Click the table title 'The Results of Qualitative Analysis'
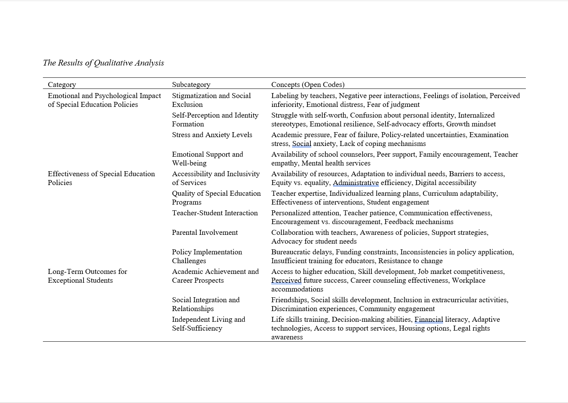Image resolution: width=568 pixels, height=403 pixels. pyautogui.click(x=103, y=63)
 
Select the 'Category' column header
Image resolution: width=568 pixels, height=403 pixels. pyautogui.click(x=62, y=85)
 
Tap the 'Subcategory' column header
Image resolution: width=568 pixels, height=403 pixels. pyautogui.click(x=191, y=85)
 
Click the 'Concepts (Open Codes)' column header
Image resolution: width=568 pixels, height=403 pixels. pyautogui.click(x=308, y=85)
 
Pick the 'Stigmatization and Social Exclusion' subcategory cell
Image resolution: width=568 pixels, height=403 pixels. pyautogui.click(x=211, y=100)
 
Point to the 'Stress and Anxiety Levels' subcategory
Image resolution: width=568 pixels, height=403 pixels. pyautogui.click(x=212, y=135)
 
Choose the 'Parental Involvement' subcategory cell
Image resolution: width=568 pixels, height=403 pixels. pyautogui.click(x=205, y=233)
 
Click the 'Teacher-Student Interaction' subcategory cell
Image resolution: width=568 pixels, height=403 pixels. pyautogui.click(x=215, y=213)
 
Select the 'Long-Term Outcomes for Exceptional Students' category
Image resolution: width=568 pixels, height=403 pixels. pyautogui.click(x=87, y=276)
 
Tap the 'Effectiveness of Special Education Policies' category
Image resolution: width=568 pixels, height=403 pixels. pyautogui.click(x=101, y=178)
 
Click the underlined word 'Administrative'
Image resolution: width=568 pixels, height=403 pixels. pyautogui.click(x=356, y=183)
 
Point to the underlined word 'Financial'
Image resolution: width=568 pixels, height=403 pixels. pyautogui.click(x=428, y=319)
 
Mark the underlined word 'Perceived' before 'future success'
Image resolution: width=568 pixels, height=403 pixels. pyautogui.click(x=286, y=280)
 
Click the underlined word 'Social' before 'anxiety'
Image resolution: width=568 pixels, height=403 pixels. pyautogui.click(x=302, y=144)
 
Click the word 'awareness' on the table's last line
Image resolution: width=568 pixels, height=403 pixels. pyautogui.click(x=287, y=337)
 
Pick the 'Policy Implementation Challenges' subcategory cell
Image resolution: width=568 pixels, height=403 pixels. pyautogui.click(x=207, y=256)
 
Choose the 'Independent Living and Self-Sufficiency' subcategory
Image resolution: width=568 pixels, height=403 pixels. pyautogui.click(x=208, y=324)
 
